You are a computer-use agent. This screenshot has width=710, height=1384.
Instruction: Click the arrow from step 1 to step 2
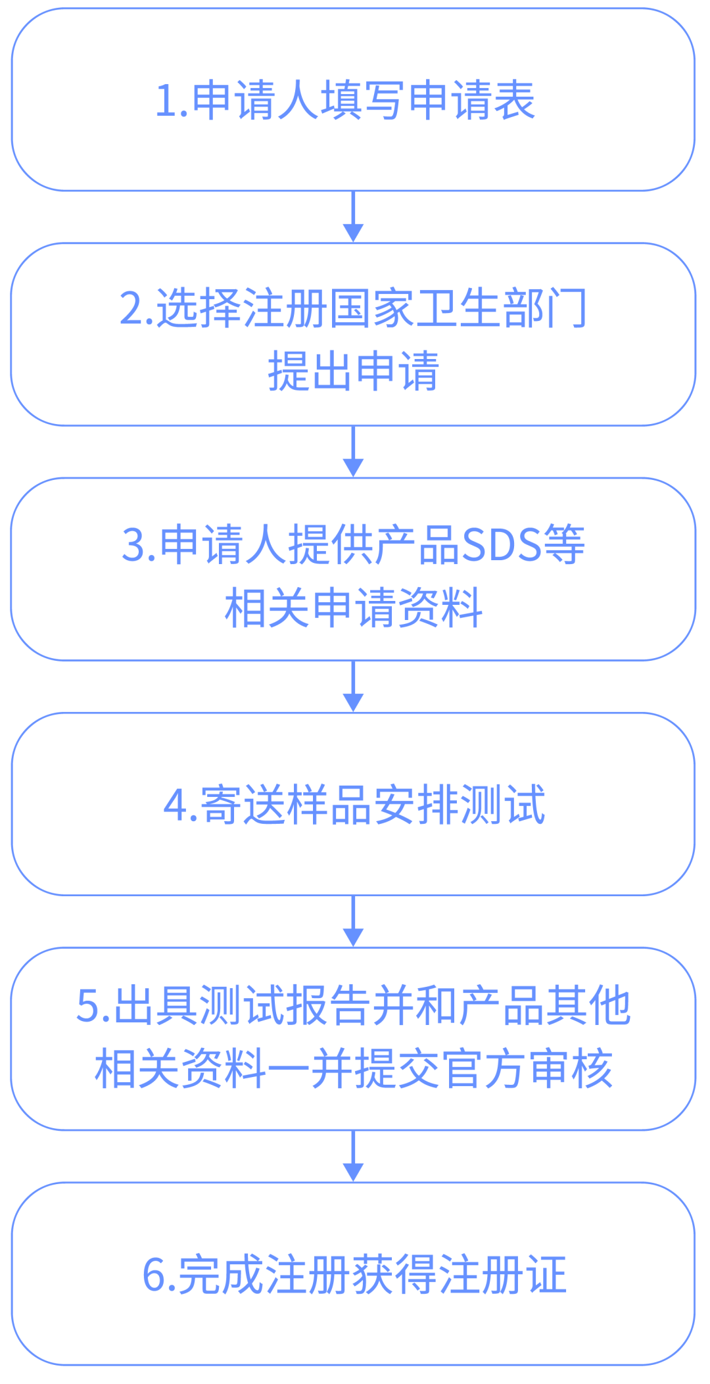(x=354, y=217)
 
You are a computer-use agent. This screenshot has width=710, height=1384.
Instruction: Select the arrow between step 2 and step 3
(x=354, y=452)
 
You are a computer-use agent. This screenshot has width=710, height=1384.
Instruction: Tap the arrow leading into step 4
(x=354, y=686)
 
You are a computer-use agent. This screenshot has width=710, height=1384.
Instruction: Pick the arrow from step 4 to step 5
(x=354, y=921)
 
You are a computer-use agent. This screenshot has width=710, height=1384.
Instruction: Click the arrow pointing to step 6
(x=354, y=1157)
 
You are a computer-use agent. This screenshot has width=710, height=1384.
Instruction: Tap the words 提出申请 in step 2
(x=354, y=371)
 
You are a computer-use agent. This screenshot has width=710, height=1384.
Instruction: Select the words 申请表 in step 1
(x=471, y=101)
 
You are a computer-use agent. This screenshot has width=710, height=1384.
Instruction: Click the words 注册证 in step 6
(x=503, y=1275)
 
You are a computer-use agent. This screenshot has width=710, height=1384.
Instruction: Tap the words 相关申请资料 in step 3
(x=354, y=608)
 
